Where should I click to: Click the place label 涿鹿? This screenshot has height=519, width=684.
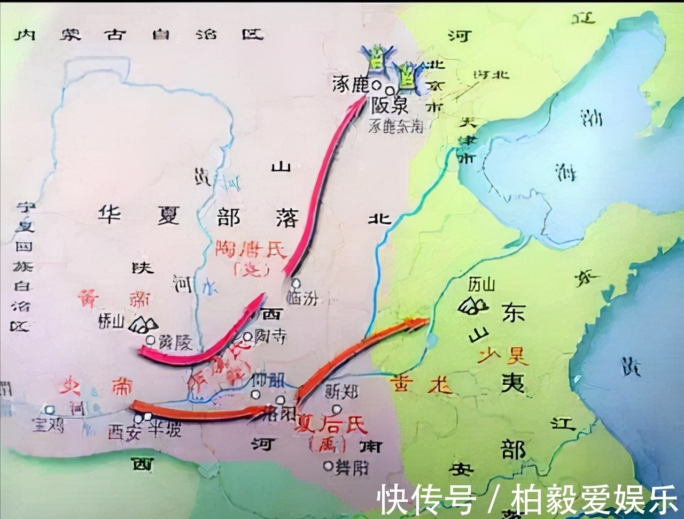tap(350, 84)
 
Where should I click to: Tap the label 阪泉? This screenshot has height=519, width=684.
tap(391, 105)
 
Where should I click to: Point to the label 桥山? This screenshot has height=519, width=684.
tap(111, 320)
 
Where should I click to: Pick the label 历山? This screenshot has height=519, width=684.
tap(481, 284)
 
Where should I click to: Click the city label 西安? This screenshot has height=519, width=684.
tap(124, 431)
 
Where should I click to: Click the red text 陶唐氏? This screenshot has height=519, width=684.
tap(251, 249)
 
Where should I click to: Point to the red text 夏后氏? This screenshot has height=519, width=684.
tap(331, 425)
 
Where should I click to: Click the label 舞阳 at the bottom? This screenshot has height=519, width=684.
tap(351, 468)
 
